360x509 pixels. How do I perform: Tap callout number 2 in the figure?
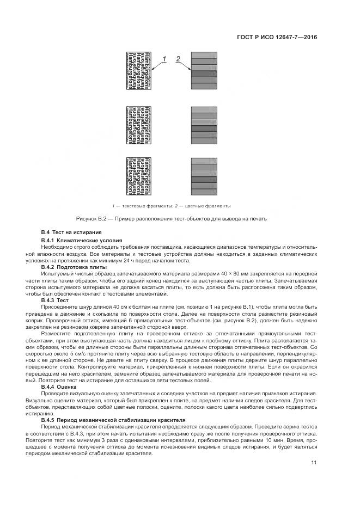tap(178, 58)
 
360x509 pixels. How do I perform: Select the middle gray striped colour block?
tap(204, 125)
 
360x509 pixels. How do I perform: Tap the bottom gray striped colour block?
tap(204, 177)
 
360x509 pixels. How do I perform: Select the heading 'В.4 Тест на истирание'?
tap(71, 233)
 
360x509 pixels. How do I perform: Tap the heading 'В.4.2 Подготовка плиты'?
tap(74, 267)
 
